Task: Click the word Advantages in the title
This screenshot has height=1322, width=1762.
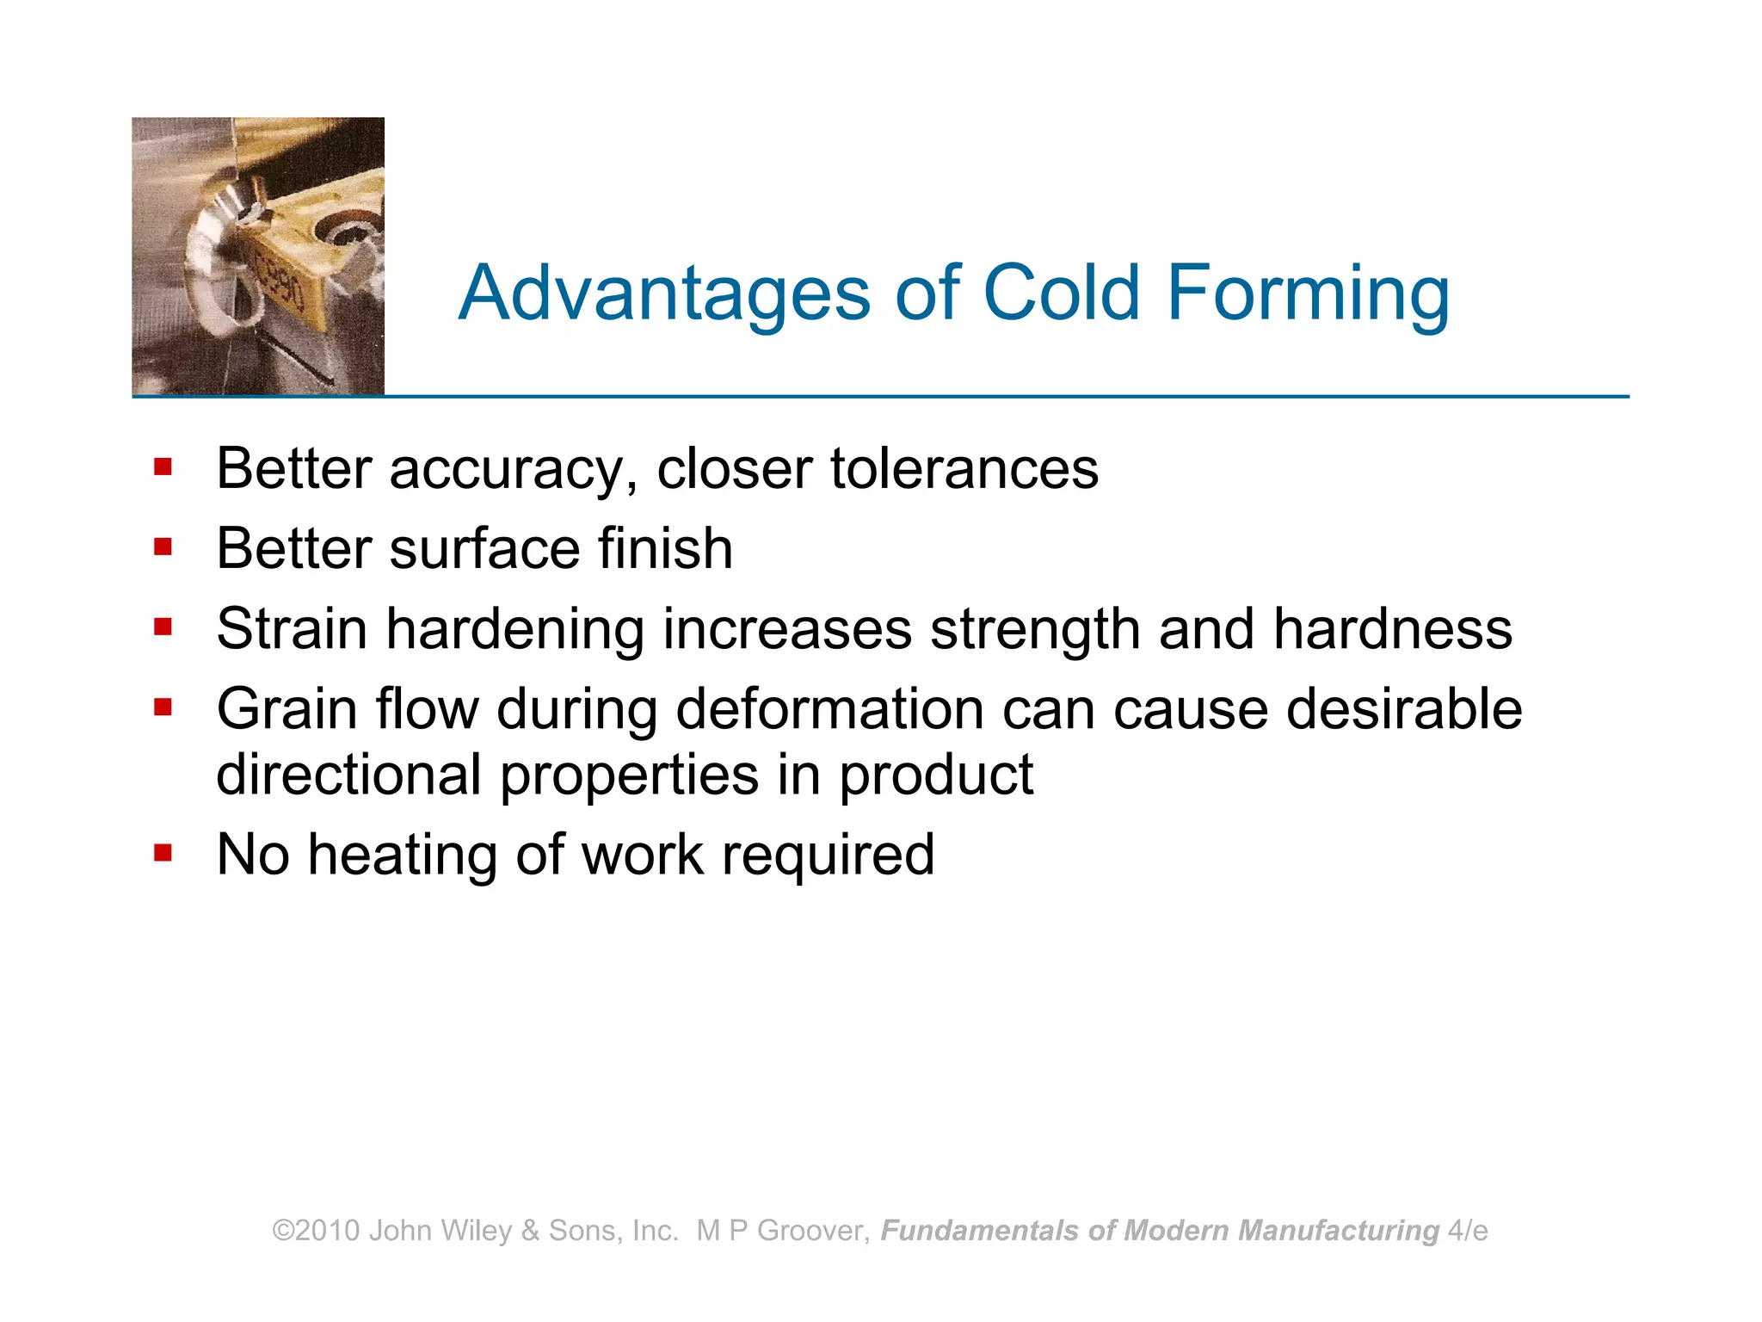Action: (664, 294)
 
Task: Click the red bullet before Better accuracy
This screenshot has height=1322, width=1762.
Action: (163, 467)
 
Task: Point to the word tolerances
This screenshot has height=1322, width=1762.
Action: (964, 469)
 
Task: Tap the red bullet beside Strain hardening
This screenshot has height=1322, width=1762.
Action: (163, 627)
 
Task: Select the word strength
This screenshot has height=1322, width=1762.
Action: (1035, 630)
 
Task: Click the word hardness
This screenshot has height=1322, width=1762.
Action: (1392, 628)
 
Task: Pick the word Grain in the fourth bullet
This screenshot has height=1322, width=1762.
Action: (286, 709)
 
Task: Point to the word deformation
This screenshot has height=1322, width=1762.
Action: (829, 709)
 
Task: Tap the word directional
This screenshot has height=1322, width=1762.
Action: (348, 775)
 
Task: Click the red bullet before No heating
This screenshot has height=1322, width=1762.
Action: (163, 853)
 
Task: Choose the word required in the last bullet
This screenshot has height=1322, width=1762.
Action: (828, 856)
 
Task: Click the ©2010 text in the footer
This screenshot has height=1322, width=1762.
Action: (316, 1231)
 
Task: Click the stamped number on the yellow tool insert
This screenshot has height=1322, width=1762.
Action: (280, 283)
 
